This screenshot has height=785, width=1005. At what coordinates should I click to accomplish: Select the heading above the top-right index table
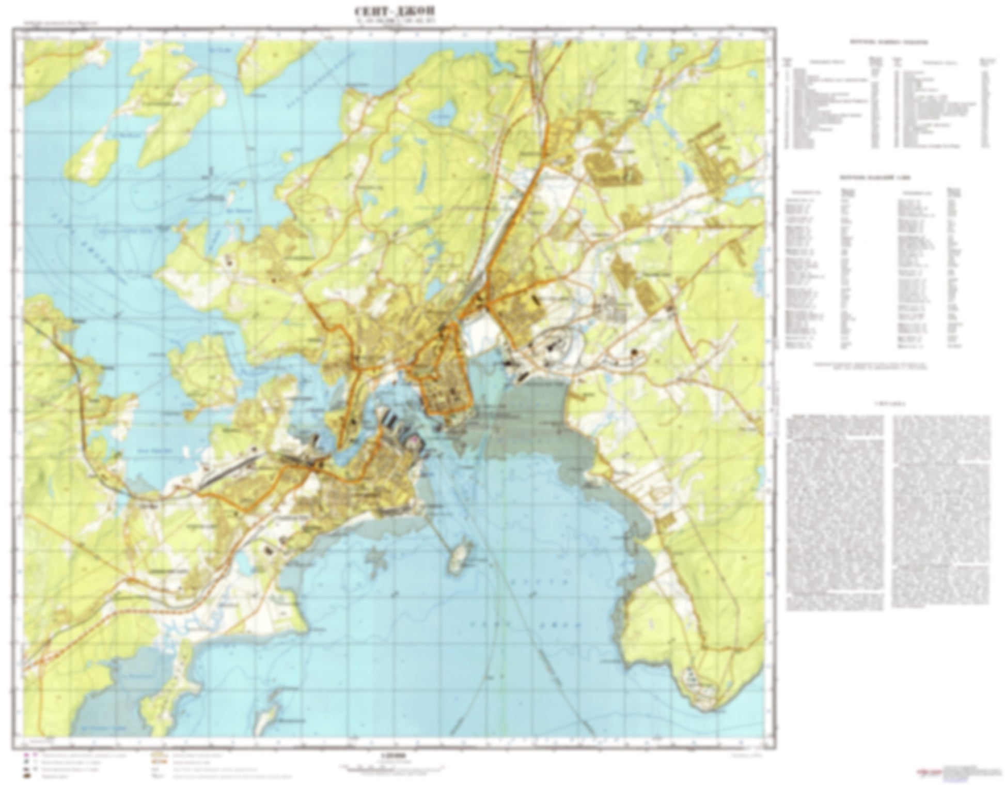885,42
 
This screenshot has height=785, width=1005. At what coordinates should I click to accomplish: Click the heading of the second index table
885,178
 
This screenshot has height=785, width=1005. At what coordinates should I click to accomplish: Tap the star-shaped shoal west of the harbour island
377,558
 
